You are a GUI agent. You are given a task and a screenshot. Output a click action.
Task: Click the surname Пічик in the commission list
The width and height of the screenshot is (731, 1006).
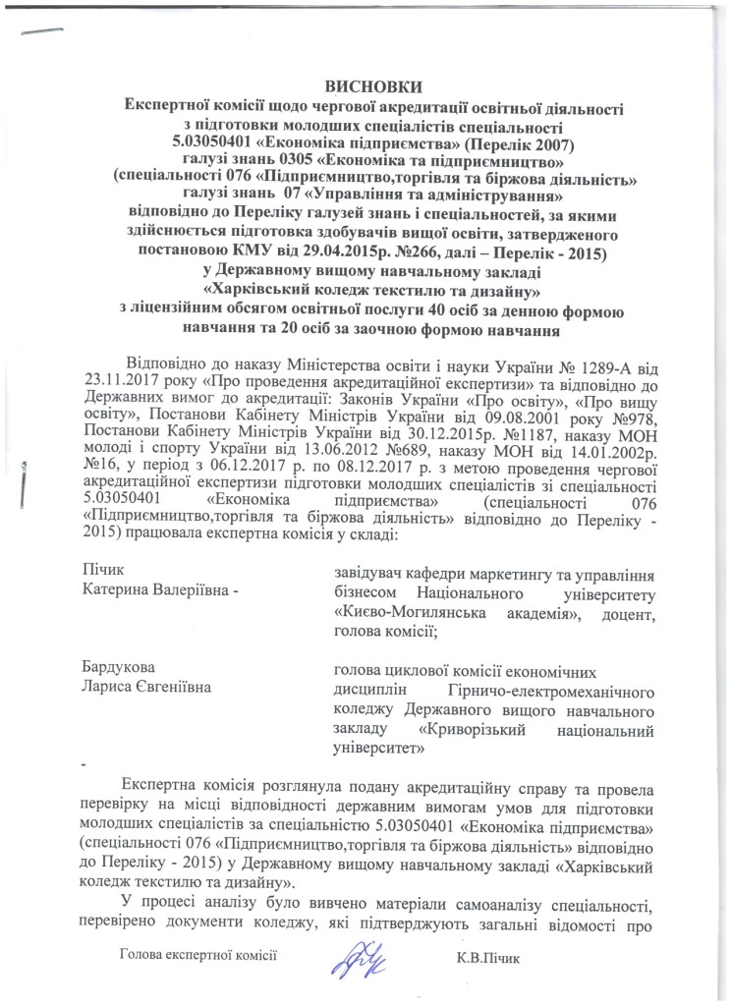(x=105, y=570)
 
